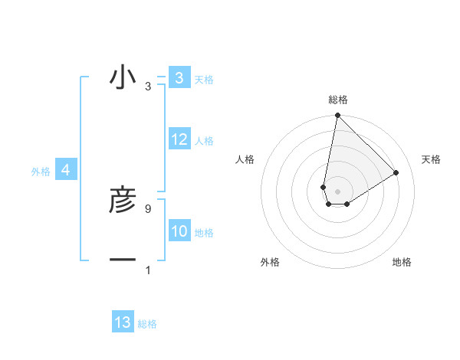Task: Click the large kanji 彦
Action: click(x=123, y=201)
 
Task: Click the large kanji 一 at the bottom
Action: click(x=123, y=260)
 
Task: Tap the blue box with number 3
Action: click(x=179, y=78)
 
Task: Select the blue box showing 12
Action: click(x=179, y=139)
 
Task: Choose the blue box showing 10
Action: click(x=179, y=231)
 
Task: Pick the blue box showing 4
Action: click(x=66, y=170)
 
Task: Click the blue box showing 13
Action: click(x=123, y=322)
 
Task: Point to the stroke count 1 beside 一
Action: click(x=147, y=270)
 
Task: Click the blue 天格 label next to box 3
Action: click(x=203, y=80)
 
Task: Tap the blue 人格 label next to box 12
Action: click(x=203, y=141)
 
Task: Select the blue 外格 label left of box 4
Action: click(x=41, y=172)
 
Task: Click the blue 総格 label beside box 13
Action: click(x=147, y=324)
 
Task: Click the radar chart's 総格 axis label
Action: click(x=337, y=100)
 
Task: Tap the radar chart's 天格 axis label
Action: click(x=432, y=159)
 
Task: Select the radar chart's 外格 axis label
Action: click(x=269, y=262)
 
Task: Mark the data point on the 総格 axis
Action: click(x=337, y=116)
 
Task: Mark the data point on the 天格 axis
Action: click(x=396, y=172)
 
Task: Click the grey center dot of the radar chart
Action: click(x=337, y=191)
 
